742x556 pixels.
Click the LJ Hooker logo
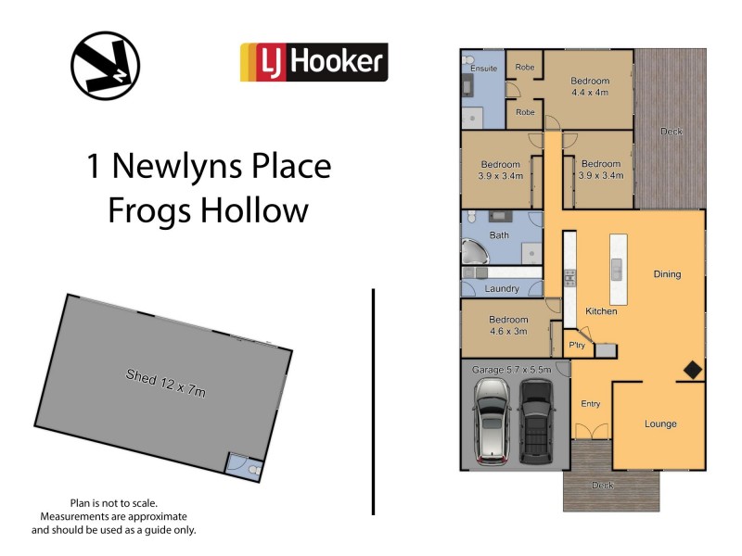click(313, 62)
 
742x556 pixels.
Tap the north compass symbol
click(105, 66)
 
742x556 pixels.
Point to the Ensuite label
click(483, 68)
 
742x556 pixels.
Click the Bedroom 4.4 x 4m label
click(590, 86)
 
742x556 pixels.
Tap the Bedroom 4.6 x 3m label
click(507, 325)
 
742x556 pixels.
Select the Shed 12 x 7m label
click(166, 383)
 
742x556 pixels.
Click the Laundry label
click(502, 289)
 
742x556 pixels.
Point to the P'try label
click(577, 346)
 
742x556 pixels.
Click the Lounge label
click(660, 424)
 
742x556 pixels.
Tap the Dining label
click(667, 274)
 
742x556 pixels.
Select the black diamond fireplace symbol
click(692, 370)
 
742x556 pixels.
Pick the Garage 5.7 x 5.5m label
click(512, 370)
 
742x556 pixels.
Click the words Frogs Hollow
click(208, 210)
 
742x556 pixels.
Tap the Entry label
click(590, 404)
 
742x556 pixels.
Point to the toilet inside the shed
click(254, 470)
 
